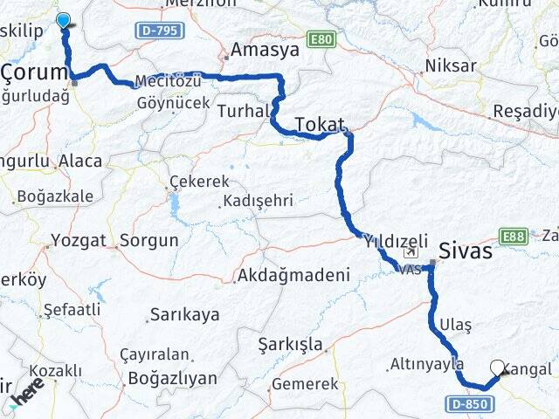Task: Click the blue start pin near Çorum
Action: pyautogui.click(x=64, y=20)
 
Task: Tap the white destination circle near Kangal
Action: pyautogui.click(x=498, y=368)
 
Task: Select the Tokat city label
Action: pyautogui.click(x=321, y=125)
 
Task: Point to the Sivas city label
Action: pyautogui.click(x=466, y=251)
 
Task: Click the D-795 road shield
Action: pyautogui.click(x=160, y=31)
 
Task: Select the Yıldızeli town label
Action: pyautogui.click(x=396, y=240)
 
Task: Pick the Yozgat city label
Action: pyautogui.click(x=79, y=240)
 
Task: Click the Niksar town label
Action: pyautogui.click(x=451, y=65)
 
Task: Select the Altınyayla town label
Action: pyautogui.click(x=425, y=363)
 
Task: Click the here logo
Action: pyautogui.click(x=27, y=395)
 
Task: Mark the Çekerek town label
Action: pyautogui.click(x=202, y=182)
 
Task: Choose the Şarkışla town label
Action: pyautogui.click(x=291, y=344)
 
